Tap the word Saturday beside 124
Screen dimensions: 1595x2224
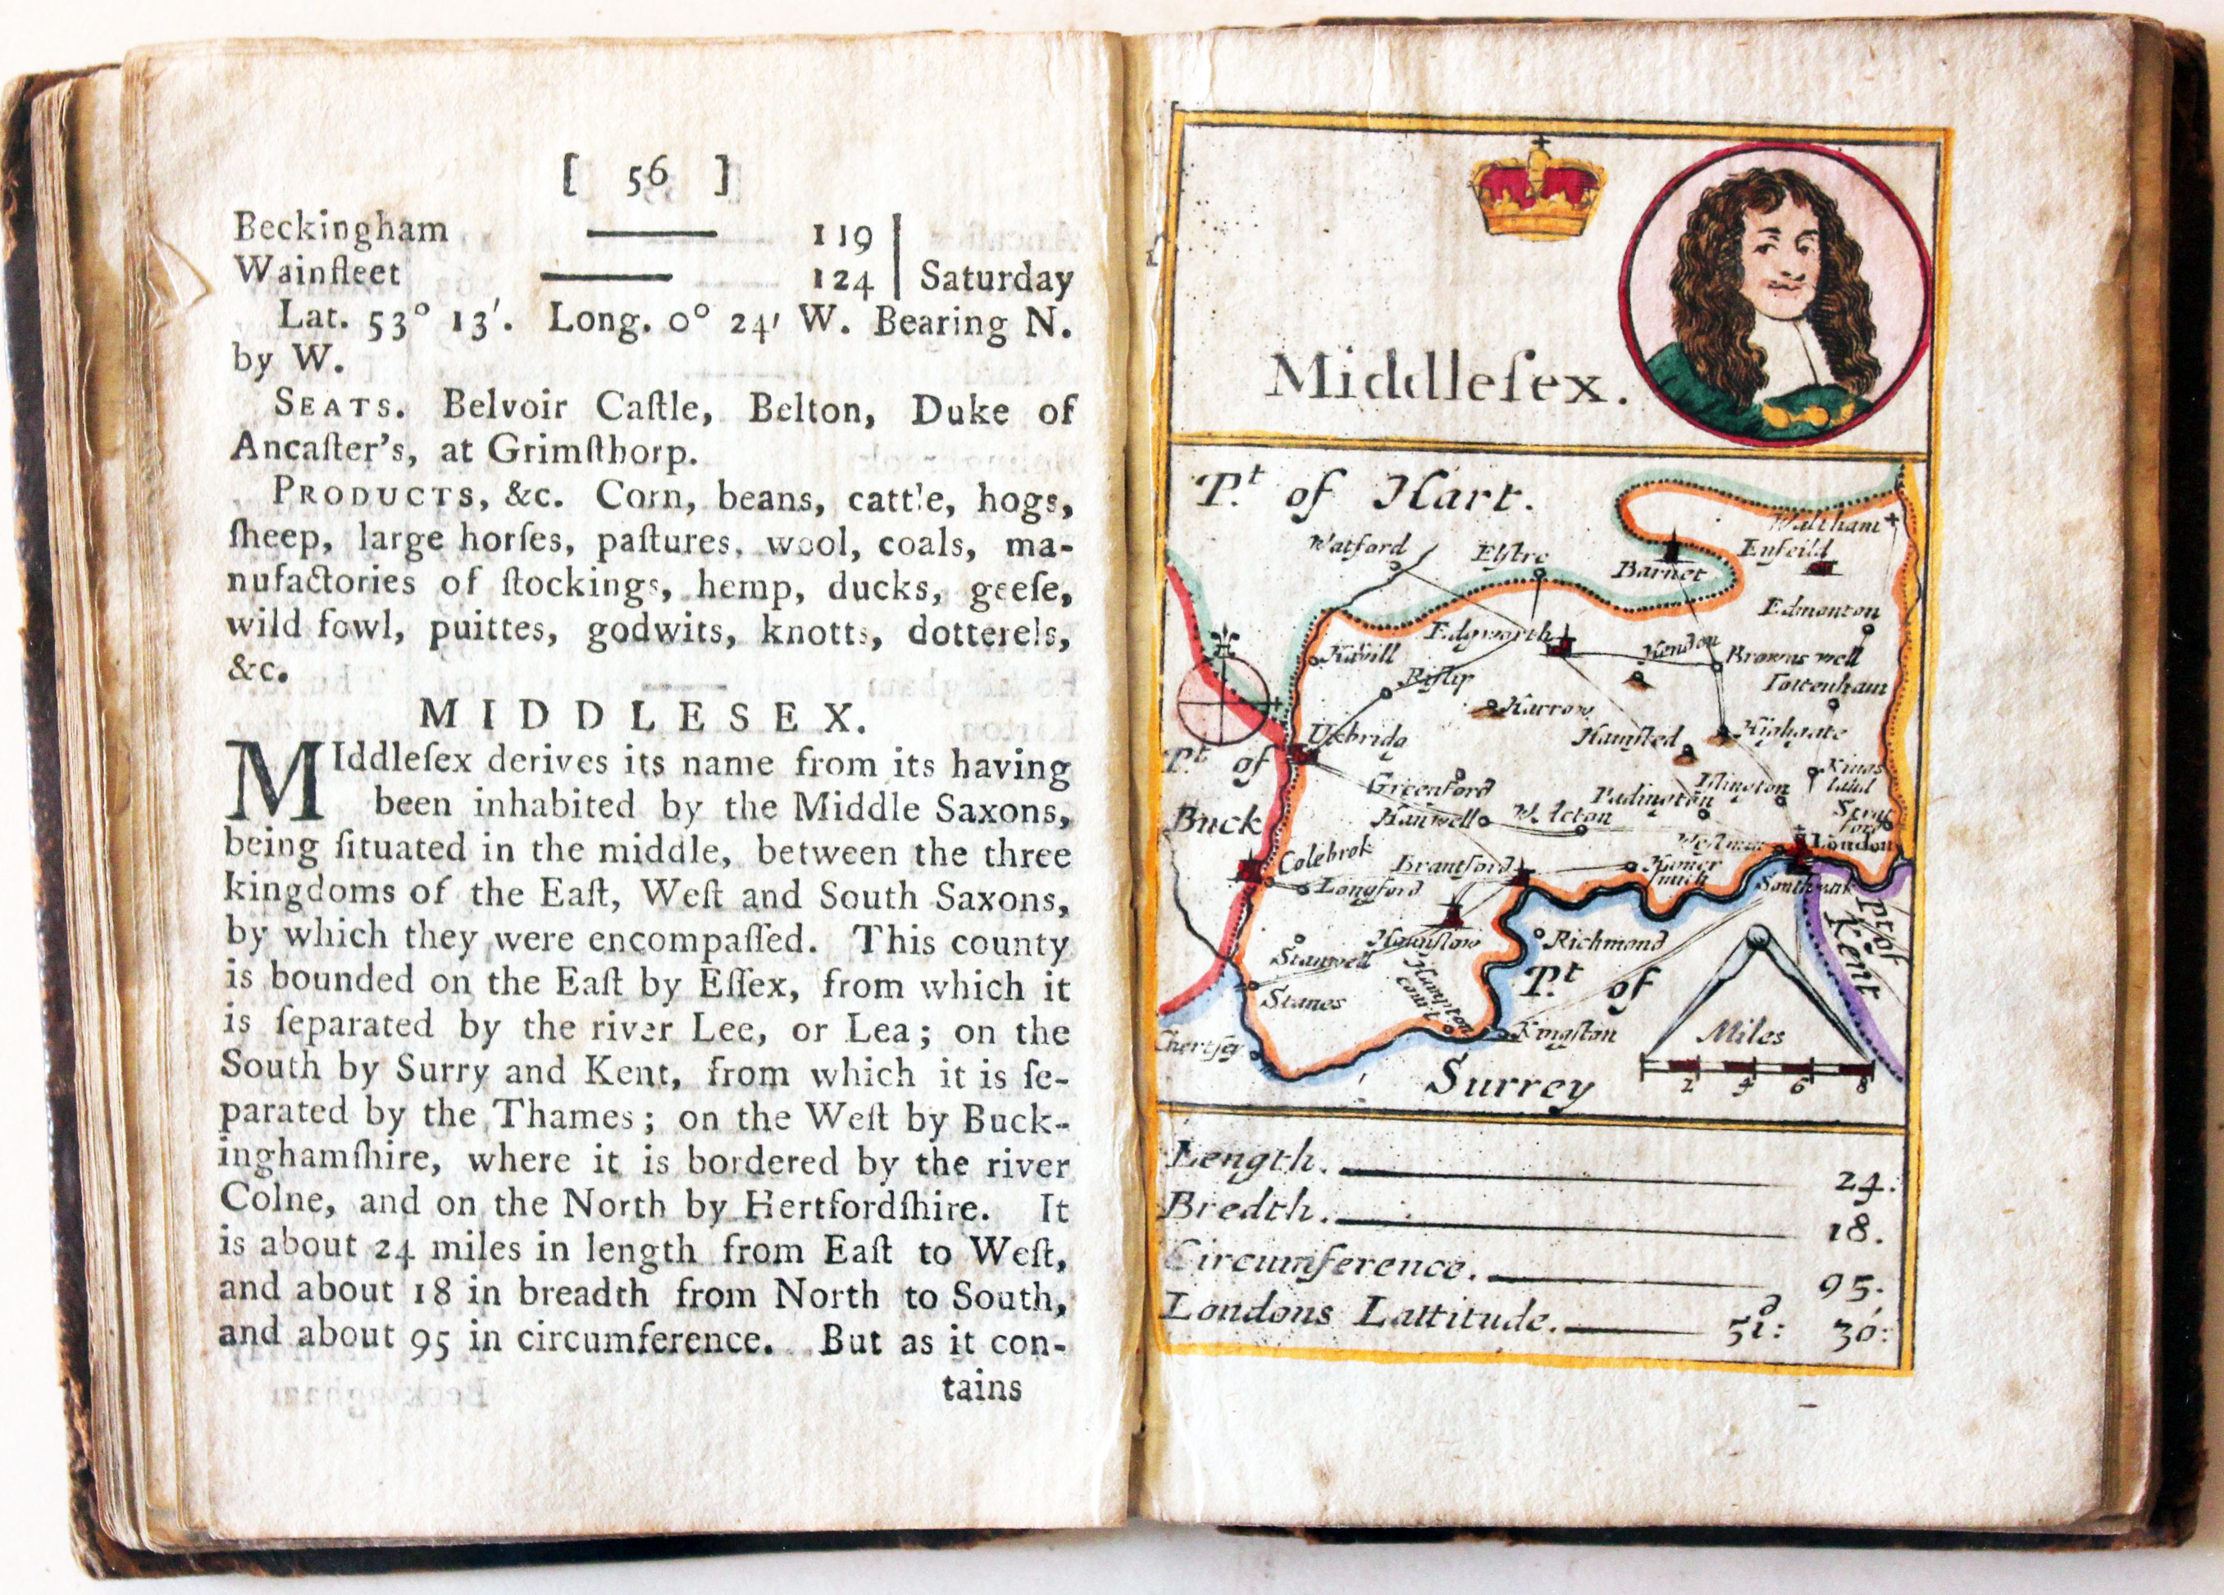(996, 280)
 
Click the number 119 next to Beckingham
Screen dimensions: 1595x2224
(842, 236)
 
